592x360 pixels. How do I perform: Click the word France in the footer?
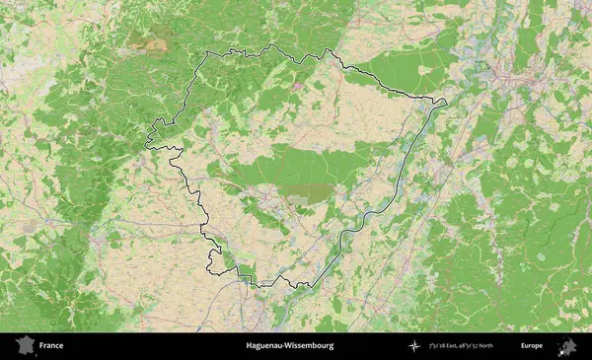[51, 346]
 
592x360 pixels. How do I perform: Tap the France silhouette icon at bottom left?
[23, 346]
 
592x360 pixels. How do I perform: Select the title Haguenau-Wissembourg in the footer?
[289, 346]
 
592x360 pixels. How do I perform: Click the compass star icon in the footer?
[415, 346]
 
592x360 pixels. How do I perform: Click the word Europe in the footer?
[533, 346]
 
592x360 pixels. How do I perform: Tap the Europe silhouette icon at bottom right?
[568, 346]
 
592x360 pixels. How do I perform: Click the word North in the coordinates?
[512, 346]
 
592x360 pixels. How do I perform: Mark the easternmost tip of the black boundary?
[446, 101]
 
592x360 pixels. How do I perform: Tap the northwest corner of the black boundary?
[206, 53]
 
